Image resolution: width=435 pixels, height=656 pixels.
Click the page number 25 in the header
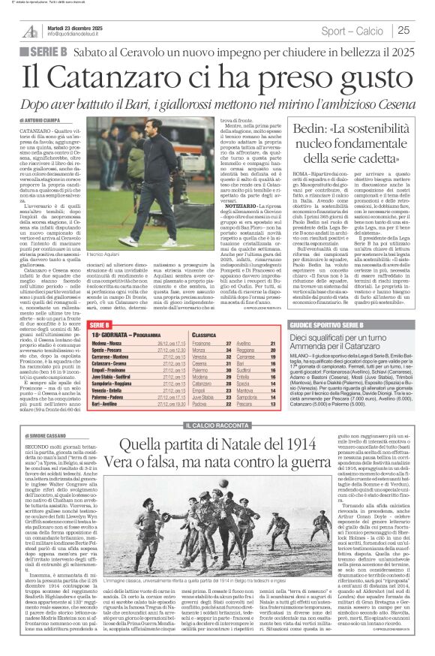403,30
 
